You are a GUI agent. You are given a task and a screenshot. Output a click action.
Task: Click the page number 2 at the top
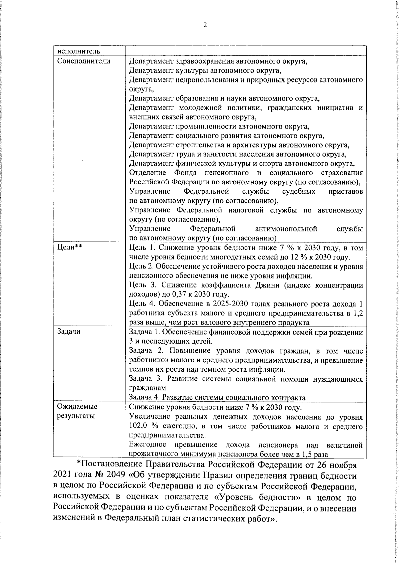coord(205,25)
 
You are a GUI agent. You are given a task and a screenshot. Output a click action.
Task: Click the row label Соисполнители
coord(84,61)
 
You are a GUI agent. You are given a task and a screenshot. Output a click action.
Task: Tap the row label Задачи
coord(69,332)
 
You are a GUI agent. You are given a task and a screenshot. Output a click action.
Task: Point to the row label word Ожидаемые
coord(77,407)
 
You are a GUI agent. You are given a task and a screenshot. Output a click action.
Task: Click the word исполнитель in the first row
coord(78,51)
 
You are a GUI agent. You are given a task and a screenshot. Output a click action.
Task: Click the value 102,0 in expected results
coord(138,426)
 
